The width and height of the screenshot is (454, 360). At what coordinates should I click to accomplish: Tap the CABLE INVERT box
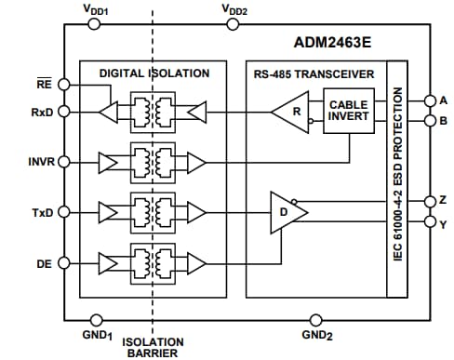click(x=349, y=113)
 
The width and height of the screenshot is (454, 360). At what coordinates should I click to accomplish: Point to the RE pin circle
click(x=64, y=84)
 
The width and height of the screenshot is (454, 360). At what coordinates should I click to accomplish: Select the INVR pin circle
click(x=64, y=161)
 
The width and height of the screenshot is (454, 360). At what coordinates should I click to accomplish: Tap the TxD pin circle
click(x=64, y=212)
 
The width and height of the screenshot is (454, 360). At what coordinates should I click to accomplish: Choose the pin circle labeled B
click(x=429, y=120)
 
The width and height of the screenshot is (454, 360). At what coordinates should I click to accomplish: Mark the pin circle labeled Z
click(x=429, y=202)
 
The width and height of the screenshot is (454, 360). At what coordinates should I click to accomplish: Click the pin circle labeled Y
click(x=429, y=221)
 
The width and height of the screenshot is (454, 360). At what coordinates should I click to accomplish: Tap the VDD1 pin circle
click(x=93, y=26)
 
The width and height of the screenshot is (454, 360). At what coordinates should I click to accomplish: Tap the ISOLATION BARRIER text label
click(x=154, y=346)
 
